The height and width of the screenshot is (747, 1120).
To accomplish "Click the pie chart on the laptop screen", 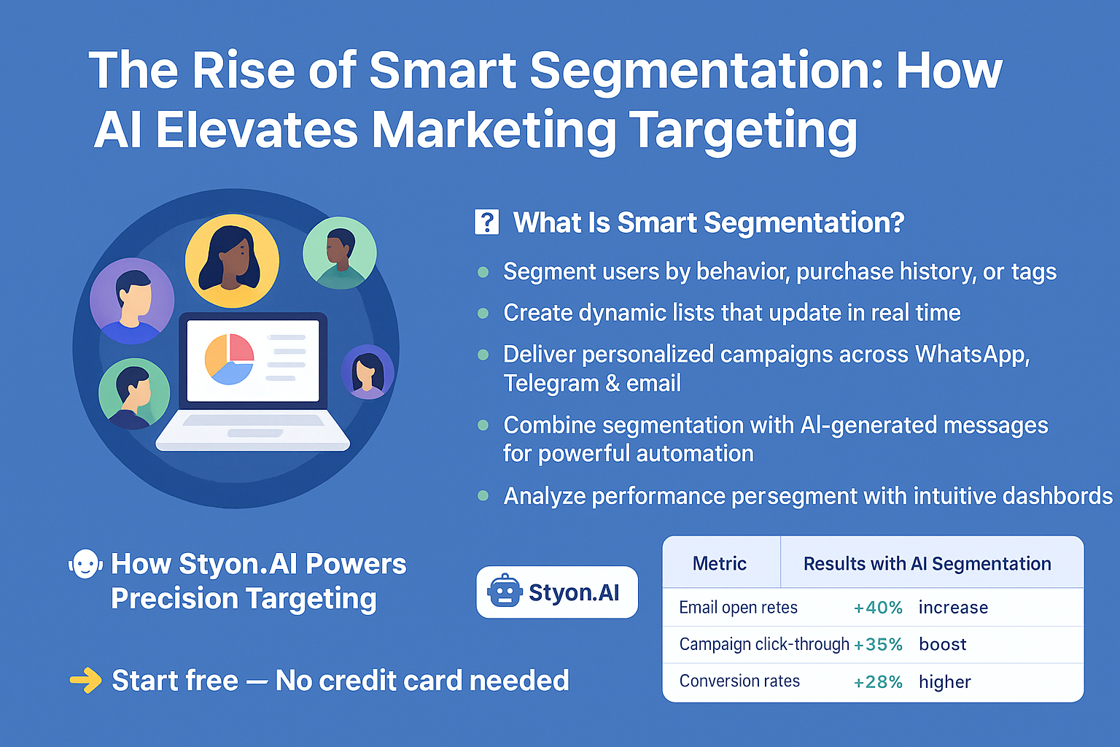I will click(229, 358).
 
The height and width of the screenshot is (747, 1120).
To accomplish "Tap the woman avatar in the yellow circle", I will click(232, 260).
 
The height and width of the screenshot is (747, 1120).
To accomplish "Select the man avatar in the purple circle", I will click(132, 300).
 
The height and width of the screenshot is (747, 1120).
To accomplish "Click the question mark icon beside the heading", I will click(486, 222).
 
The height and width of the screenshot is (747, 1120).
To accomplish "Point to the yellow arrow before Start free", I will click(86, 681).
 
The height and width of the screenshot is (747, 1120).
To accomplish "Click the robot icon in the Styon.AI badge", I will click(505, 592).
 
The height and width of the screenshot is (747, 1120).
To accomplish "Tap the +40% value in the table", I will click(878, 608).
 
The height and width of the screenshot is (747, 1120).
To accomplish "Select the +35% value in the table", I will click(878, 645).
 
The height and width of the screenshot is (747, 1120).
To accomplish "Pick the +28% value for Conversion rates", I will click(878, 682).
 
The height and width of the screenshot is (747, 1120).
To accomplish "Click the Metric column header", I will click(720, 563).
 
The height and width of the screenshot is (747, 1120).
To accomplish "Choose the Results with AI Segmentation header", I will click(927, 563).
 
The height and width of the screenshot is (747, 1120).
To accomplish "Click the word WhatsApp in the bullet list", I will click(972, 354).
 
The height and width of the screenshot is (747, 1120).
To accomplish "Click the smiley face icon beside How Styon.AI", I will click(85, 564).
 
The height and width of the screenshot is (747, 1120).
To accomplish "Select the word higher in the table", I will click(945, 682).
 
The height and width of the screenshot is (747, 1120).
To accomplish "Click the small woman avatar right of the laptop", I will click(367, 371).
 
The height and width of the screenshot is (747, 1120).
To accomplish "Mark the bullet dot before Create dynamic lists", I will click(483, 314).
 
